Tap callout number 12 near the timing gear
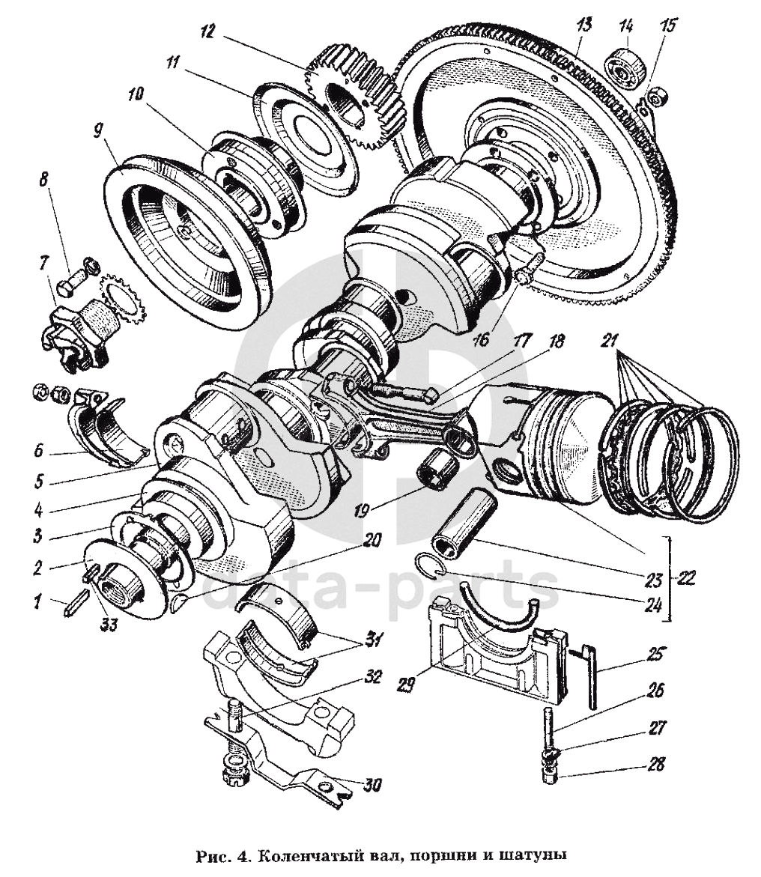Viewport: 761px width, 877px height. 207,31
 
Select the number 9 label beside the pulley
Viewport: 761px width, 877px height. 98,133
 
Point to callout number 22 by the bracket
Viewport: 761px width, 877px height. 686,577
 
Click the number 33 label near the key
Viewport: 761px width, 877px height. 109,623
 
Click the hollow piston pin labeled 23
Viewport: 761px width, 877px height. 464,526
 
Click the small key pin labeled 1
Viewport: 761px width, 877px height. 74,605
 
